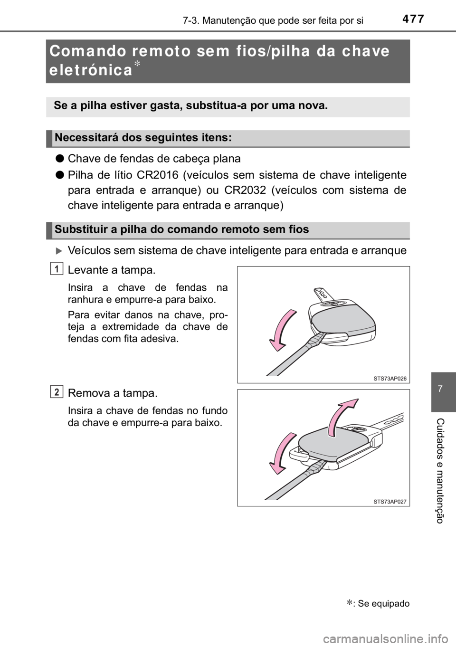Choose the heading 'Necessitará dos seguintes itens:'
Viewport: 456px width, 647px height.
(x=143, y=138)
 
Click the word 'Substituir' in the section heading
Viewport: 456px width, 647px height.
(x=78, y=229)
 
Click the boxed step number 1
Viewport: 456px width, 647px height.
(x=57, y=269)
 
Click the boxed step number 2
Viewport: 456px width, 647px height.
(x=57, y=392)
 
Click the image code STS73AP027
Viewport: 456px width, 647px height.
(x=389, y=501)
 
